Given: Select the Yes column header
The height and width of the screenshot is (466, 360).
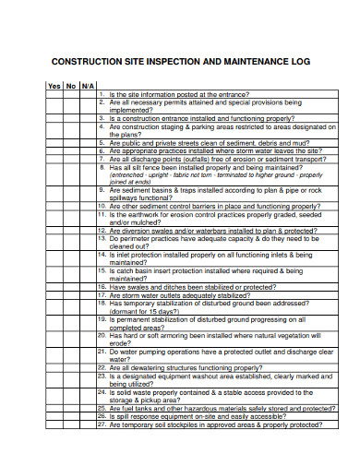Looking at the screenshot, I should click(54, 85).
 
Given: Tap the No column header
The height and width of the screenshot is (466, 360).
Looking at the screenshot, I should click(71, 85).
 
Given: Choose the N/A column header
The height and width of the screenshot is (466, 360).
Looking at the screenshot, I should click(88, 85).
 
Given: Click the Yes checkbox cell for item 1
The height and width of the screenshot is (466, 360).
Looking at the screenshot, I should click(54, 94).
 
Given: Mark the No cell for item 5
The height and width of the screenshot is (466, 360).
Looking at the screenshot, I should click(71, 144).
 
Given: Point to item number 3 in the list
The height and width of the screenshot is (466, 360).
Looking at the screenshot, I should click(102, 119).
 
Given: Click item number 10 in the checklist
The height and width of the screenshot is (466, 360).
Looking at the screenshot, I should click(102, 207).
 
